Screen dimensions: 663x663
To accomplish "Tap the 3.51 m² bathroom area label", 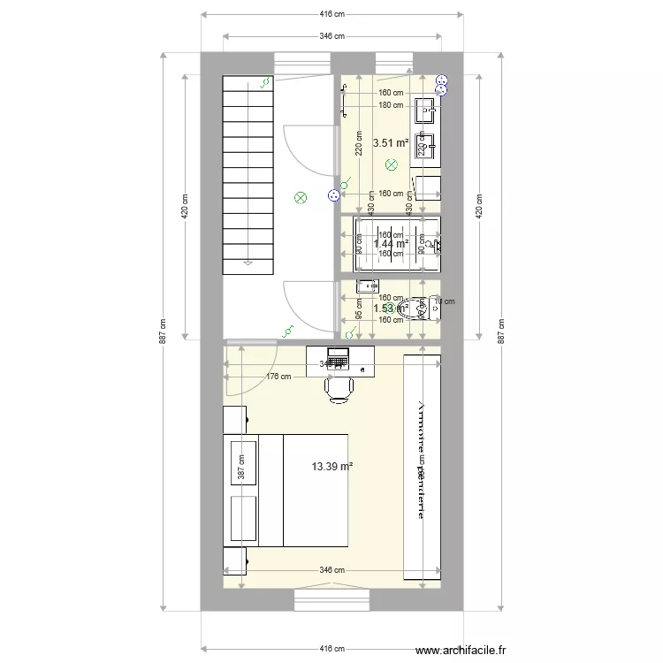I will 390,142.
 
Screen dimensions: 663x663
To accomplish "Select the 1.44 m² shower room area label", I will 390,243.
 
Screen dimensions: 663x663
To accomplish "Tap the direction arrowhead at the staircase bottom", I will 249,262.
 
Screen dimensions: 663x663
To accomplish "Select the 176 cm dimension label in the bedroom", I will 278,377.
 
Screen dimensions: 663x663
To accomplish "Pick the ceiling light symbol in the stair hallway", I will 301,198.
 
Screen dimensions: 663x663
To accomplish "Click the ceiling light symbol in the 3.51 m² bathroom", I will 392,164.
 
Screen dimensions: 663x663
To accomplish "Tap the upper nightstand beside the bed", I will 235,420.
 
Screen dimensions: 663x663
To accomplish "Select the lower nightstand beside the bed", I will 235,560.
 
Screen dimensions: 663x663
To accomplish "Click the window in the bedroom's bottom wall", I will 331,600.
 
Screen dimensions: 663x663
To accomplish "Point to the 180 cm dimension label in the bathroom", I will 391,105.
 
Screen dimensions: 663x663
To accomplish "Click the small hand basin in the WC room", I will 366,286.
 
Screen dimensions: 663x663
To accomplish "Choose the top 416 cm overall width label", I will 331,14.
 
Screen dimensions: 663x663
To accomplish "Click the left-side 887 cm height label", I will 163,331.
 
